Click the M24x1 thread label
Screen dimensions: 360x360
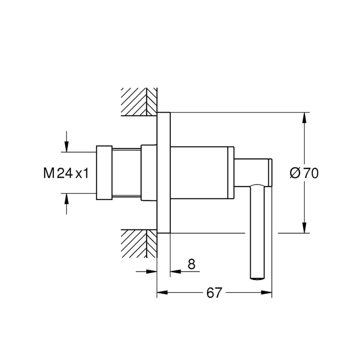click(x=66, y=173)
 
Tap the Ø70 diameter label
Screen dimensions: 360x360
click(x=304, y=173)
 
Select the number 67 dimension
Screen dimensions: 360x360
click(x=214, y=293)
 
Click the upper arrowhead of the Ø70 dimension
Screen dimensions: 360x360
click(x=304, y=118)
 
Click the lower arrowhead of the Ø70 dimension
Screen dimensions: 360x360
click(x=304, y=227)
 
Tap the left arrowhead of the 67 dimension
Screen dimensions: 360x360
click(x=162, y=292)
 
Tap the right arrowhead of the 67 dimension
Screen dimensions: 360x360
click(x=266, y=292)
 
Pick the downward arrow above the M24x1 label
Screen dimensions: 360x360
click(x=66, y=141)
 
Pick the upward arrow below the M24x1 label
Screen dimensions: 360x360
click(x=66, y=204)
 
